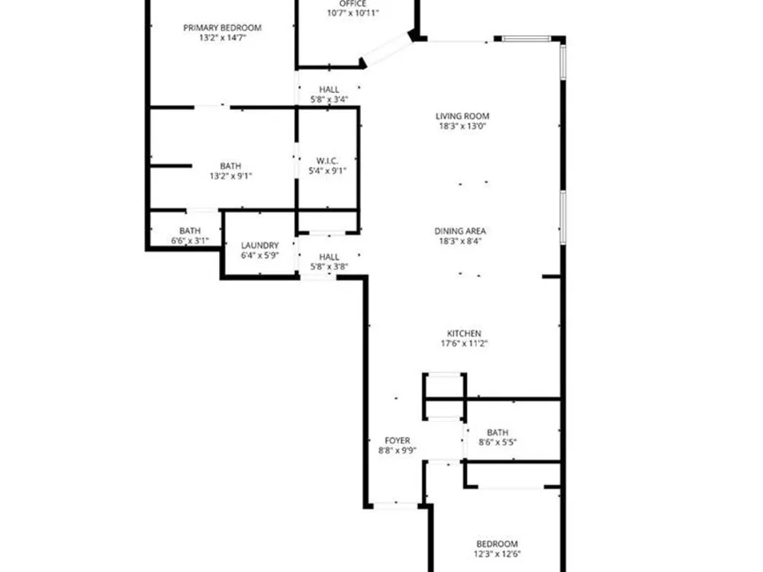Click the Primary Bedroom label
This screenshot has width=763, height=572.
(x=222, y=27)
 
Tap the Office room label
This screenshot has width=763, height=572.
(x=353, y=4)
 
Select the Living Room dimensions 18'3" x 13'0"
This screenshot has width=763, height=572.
(x=462, y=126)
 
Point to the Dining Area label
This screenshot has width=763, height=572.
(x=460, y=231)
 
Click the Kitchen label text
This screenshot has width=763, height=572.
(x=464, y=333)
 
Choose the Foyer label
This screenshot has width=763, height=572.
(x=397, y=441)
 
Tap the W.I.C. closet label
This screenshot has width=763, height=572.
(x=327, y=160)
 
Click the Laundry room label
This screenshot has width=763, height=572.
(x=260, y=246)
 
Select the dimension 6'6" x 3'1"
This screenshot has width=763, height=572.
(x=190, y=241)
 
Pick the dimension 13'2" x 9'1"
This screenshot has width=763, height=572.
(x=230, y=176)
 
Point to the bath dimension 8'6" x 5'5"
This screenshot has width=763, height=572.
(x=497, y=442)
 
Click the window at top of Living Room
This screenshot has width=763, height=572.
(x=526, y=38)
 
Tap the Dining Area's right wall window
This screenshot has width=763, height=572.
(x=563, y=217)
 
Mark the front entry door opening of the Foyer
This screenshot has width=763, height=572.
(x=395, y=506)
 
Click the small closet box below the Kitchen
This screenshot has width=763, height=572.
(x=444, y=396)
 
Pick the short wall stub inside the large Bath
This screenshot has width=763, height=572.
(x=171, y=166)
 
